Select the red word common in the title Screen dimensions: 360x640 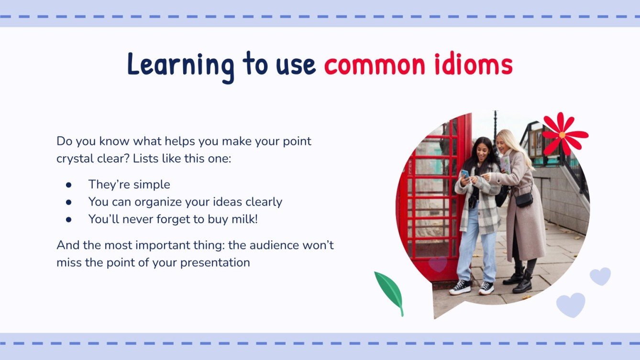(375, 65)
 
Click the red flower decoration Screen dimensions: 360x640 (563, 134)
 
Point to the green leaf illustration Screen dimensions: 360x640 (390, 292)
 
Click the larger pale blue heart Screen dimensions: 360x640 (571, 304)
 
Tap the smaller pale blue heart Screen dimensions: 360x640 (600, 275)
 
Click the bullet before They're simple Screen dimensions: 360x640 (69, 185)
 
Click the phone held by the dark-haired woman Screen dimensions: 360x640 (465, 174)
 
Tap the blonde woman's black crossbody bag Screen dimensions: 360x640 (524, 199)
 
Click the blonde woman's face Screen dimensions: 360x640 (505, 142)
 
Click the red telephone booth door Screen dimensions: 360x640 (430, 201)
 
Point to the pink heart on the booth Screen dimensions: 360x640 (437, 264)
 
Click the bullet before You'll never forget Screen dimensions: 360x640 (69, 219)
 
